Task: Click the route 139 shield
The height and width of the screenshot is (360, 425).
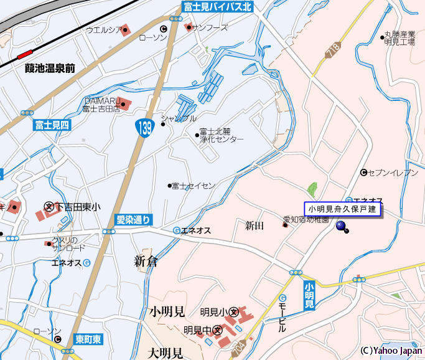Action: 142,129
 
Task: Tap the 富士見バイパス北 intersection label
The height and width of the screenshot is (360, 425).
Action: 217,7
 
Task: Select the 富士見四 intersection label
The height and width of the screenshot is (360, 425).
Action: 53,125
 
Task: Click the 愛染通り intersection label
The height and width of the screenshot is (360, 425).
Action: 133,219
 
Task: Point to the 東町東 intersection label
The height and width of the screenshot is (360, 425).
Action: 88,339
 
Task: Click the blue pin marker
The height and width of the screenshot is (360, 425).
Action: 342,226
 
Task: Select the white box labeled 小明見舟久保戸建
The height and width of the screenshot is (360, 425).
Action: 342,209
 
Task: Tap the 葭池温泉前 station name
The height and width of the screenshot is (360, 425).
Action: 50,69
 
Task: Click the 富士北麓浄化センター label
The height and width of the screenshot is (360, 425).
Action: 221,136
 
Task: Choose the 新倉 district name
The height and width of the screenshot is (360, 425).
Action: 146,262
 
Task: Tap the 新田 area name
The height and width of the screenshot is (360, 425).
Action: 255,225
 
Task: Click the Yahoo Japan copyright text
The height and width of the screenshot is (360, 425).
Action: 391,351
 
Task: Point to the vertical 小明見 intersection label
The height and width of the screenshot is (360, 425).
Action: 309,296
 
